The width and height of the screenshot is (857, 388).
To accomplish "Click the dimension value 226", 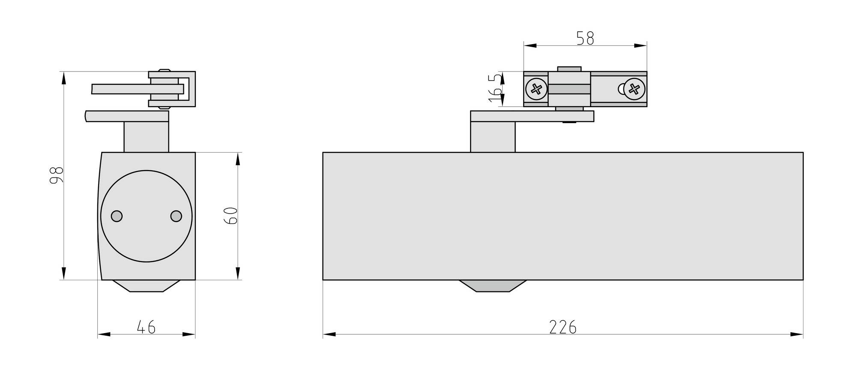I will (563, 328).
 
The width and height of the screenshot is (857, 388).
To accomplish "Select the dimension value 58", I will (585, 39).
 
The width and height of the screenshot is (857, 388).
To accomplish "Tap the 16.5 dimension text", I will (494, 88).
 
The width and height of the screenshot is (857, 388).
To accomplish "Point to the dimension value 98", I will (57, 175).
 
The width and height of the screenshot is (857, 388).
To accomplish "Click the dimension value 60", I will (231, 216).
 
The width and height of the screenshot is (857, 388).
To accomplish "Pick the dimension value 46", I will (146, 328).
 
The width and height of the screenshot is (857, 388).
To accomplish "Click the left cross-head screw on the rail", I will (536, 89).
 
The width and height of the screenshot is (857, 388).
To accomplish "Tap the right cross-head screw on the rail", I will (634, 89).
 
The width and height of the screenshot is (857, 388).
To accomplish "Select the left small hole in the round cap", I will (117, 216).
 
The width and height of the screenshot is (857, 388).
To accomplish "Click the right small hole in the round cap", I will (176, 216).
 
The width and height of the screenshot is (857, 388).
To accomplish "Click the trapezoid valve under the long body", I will (493, 286).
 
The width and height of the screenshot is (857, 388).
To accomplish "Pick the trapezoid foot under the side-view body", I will (146, 286).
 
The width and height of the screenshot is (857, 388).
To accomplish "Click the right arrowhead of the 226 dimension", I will (797, 334).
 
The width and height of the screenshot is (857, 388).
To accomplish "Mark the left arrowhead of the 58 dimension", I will (530, 45).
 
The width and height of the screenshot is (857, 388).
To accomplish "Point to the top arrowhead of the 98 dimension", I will (64, 78).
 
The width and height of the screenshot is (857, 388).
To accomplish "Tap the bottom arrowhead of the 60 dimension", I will (238, 273).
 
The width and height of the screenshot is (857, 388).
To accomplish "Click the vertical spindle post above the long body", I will (493, 137).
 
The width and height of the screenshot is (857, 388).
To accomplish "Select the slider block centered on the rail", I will (569, 89).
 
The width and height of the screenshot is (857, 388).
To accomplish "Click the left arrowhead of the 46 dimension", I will (104, 334).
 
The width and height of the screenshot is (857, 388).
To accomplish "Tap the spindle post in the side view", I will (146, 137).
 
